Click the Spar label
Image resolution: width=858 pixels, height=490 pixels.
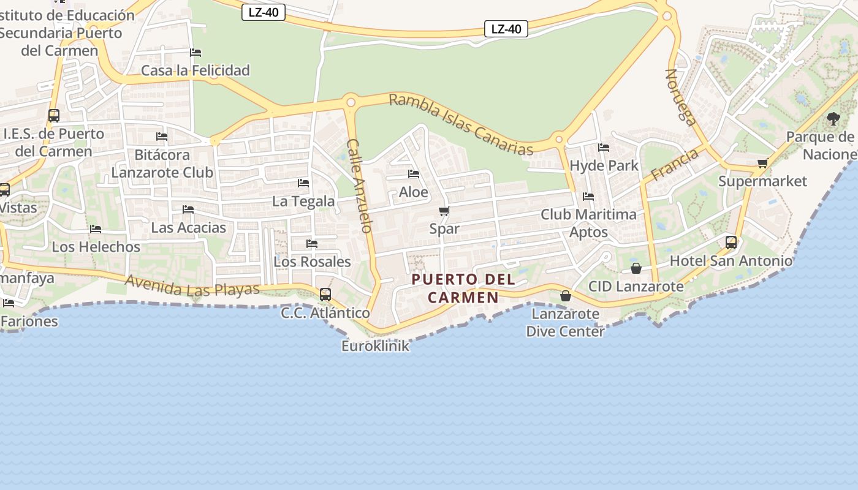click(x=444, y=228)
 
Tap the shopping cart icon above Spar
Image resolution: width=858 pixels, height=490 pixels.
click(x=444, y=211)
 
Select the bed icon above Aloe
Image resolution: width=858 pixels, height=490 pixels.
click(x=414, y=175)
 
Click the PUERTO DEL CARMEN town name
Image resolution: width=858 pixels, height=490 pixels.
click(x=463, y=288)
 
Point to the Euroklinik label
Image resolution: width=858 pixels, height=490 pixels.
click(x=375, y=346)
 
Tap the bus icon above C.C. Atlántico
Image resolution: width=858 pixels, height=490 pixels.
click(x=325, y=295)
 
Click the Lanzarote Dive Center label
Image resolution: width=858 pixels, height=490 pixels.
click(x=565, y=323)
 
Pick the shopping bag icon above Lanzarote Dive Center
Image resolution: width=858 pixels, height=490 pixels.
click(x=566, y=296)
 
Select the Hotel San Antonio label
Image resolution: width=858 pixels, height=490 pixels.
click(x=731, y=261)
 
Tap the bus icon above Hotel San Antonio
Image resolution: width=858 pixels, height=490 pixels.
click(x=731, y=243)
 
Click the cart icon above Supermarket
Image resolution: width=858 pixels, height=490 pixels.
click(x=763, y=164)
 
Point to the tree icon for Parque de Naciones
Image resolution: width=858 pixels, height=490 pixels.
click(x=833, y=119)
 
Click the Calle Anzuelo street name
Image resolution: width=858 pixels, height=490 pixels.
click(x=359, y=186)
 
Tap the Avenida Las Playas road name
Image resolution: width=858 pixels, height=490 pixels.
click(x=192, y=286)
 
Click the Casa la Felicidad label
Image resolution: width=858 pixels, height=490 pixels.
click(x=196, y=70)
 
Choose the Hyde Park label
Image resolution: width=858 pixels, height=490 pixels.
click(x=604, y=165)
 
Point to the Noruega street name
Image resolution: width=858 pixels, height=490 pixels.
click(x=681, y=97)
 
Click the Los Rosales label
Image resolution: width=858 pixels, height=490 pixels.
click(x=312, y=262)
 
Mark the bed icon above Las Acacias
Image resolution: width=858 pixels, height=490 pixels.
click(x=188, y=209)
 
